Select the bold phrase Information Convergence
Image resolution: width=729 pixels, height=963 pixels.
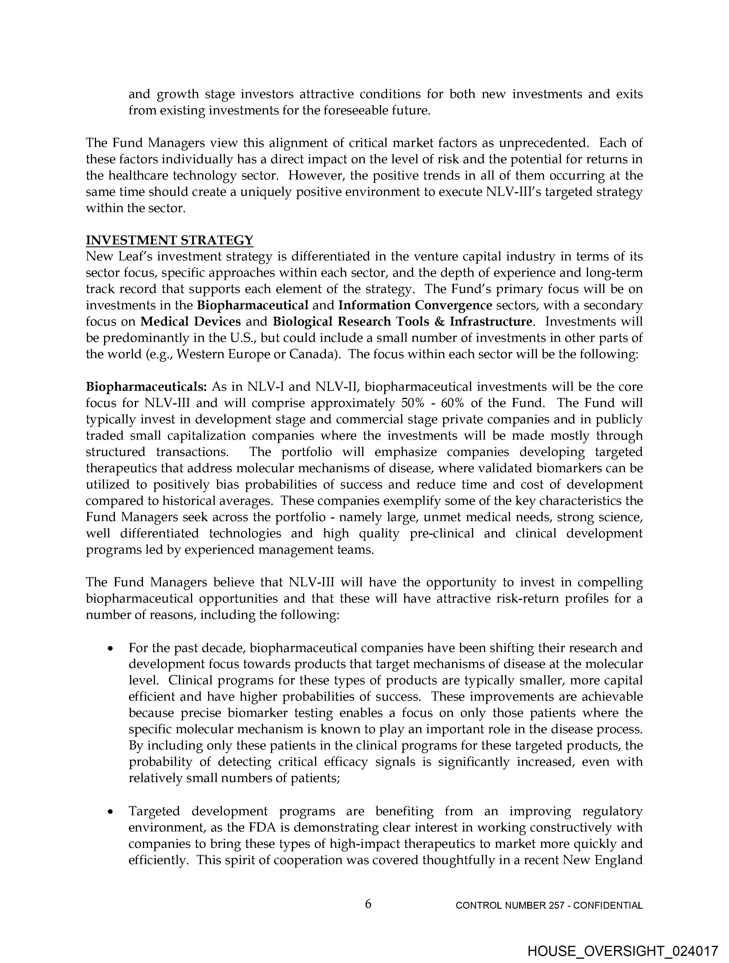coord(415,305)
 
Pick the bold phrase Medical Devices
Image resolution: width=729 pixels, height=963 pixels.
coord(190,321)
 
